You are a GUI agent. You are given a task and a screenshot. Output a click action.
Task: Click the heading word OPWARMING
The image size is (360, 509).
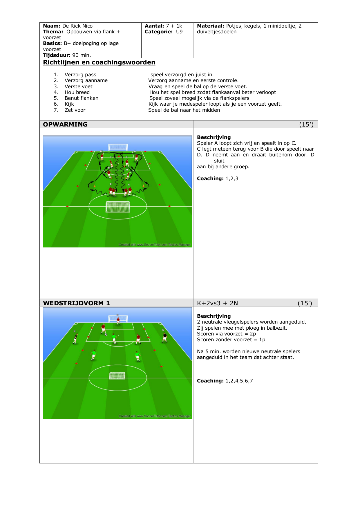coord(65,124)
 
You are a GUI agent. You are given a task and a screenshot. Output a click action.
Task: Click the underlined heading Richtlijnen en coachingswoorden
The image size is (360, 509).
coord(99,62)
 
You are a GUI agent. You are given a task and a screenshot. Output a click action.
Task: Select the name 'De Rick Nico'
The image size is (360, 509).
coord(77,26)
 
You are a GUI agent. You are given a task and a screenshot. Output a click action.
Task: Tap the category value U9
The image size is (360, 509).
coord(179,32)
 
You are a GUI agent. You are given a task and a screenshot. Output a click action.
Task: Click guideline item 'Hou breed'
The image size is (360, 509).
coord(77,92)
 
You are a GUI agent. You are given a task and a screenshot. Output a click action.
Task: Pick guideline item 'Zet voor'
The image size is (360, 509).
coord(75,110)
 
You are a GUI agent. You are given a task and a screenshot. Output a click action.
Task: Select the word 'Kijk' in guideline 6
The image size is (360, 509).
coord(69,104)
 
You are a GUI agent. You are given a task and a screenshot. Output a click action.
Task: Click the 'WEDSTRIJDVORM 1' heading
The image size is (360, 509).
coord(77,303)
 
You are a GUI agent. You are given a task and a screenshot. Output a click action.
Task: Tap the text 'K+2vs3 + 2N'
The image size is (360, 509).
coord(218,303)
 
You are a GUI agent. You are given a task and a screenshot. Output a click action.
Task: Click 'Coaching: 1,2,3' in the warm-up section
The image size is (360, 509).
coord(218,178)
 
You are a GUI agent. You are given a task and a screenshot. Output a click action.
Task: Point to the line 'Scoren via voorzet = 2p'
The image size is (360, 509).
coord(227,334)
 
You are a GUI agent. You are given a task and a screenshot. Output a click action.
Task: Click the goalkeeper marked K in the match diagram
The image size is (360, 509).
coord(118,320)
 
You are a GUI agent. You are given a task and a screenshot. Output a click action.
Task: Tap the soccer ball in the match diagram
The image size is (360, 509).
coord(106,335)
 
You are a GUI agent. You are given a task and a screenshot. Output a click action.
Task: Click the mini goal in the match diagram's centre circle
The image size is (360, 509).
coord(117,376)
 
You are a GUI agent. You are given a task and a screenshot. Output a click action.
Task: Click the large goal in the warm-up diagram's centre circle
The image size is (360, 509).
coord(118,207)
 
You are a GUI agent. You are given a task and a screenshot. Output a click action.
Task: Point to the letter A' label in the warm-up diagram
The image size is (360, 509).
coord(111,184)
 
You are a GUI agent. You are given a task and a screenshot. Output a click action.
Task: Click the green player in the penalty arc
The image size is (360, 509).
coord(114,339)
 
